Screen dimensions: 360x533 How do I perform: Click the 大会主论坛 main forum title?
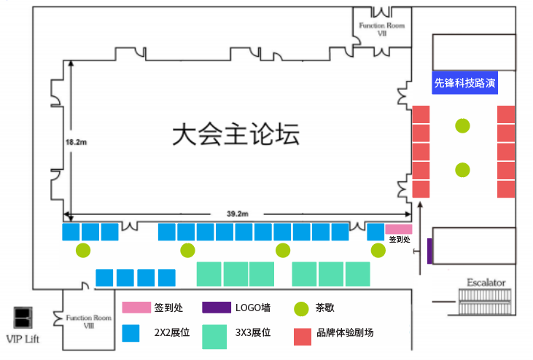(236, 135)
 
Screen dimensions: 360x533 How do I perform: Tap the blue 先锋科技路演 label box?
(464, 83)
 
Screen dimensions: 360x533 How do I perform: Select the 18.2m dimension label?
(76, 141)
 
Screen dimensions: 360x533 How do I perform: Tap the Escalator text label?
(486, 282)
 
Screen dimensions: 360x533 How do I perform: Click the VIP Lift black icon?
(25, 318)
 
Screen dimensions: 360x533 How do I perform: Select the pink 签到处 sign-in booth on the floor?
(398, 229)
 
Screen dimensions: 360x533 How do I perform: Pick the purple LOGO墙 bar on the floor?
(430, 251)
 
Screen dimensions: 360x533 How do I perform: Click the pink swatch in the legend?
(136, 308)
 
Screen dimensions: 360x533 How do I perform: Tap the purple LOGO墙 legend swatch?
(216, 308)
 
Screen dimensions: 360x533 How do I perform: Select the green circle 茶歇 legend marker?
(301, 308)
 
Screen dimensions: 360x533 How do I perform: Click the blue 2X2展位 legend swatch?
(131, 333)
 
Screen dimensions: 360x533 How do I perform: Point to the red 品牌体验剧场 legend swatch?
(303, 337)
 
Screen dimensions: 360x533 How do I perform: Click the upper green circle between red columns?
(462, 125)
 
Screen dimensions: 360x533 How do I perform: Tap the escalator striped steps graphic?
(486, 300)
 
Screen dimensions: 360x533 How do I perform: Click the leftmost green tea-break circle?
(84, 250)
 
